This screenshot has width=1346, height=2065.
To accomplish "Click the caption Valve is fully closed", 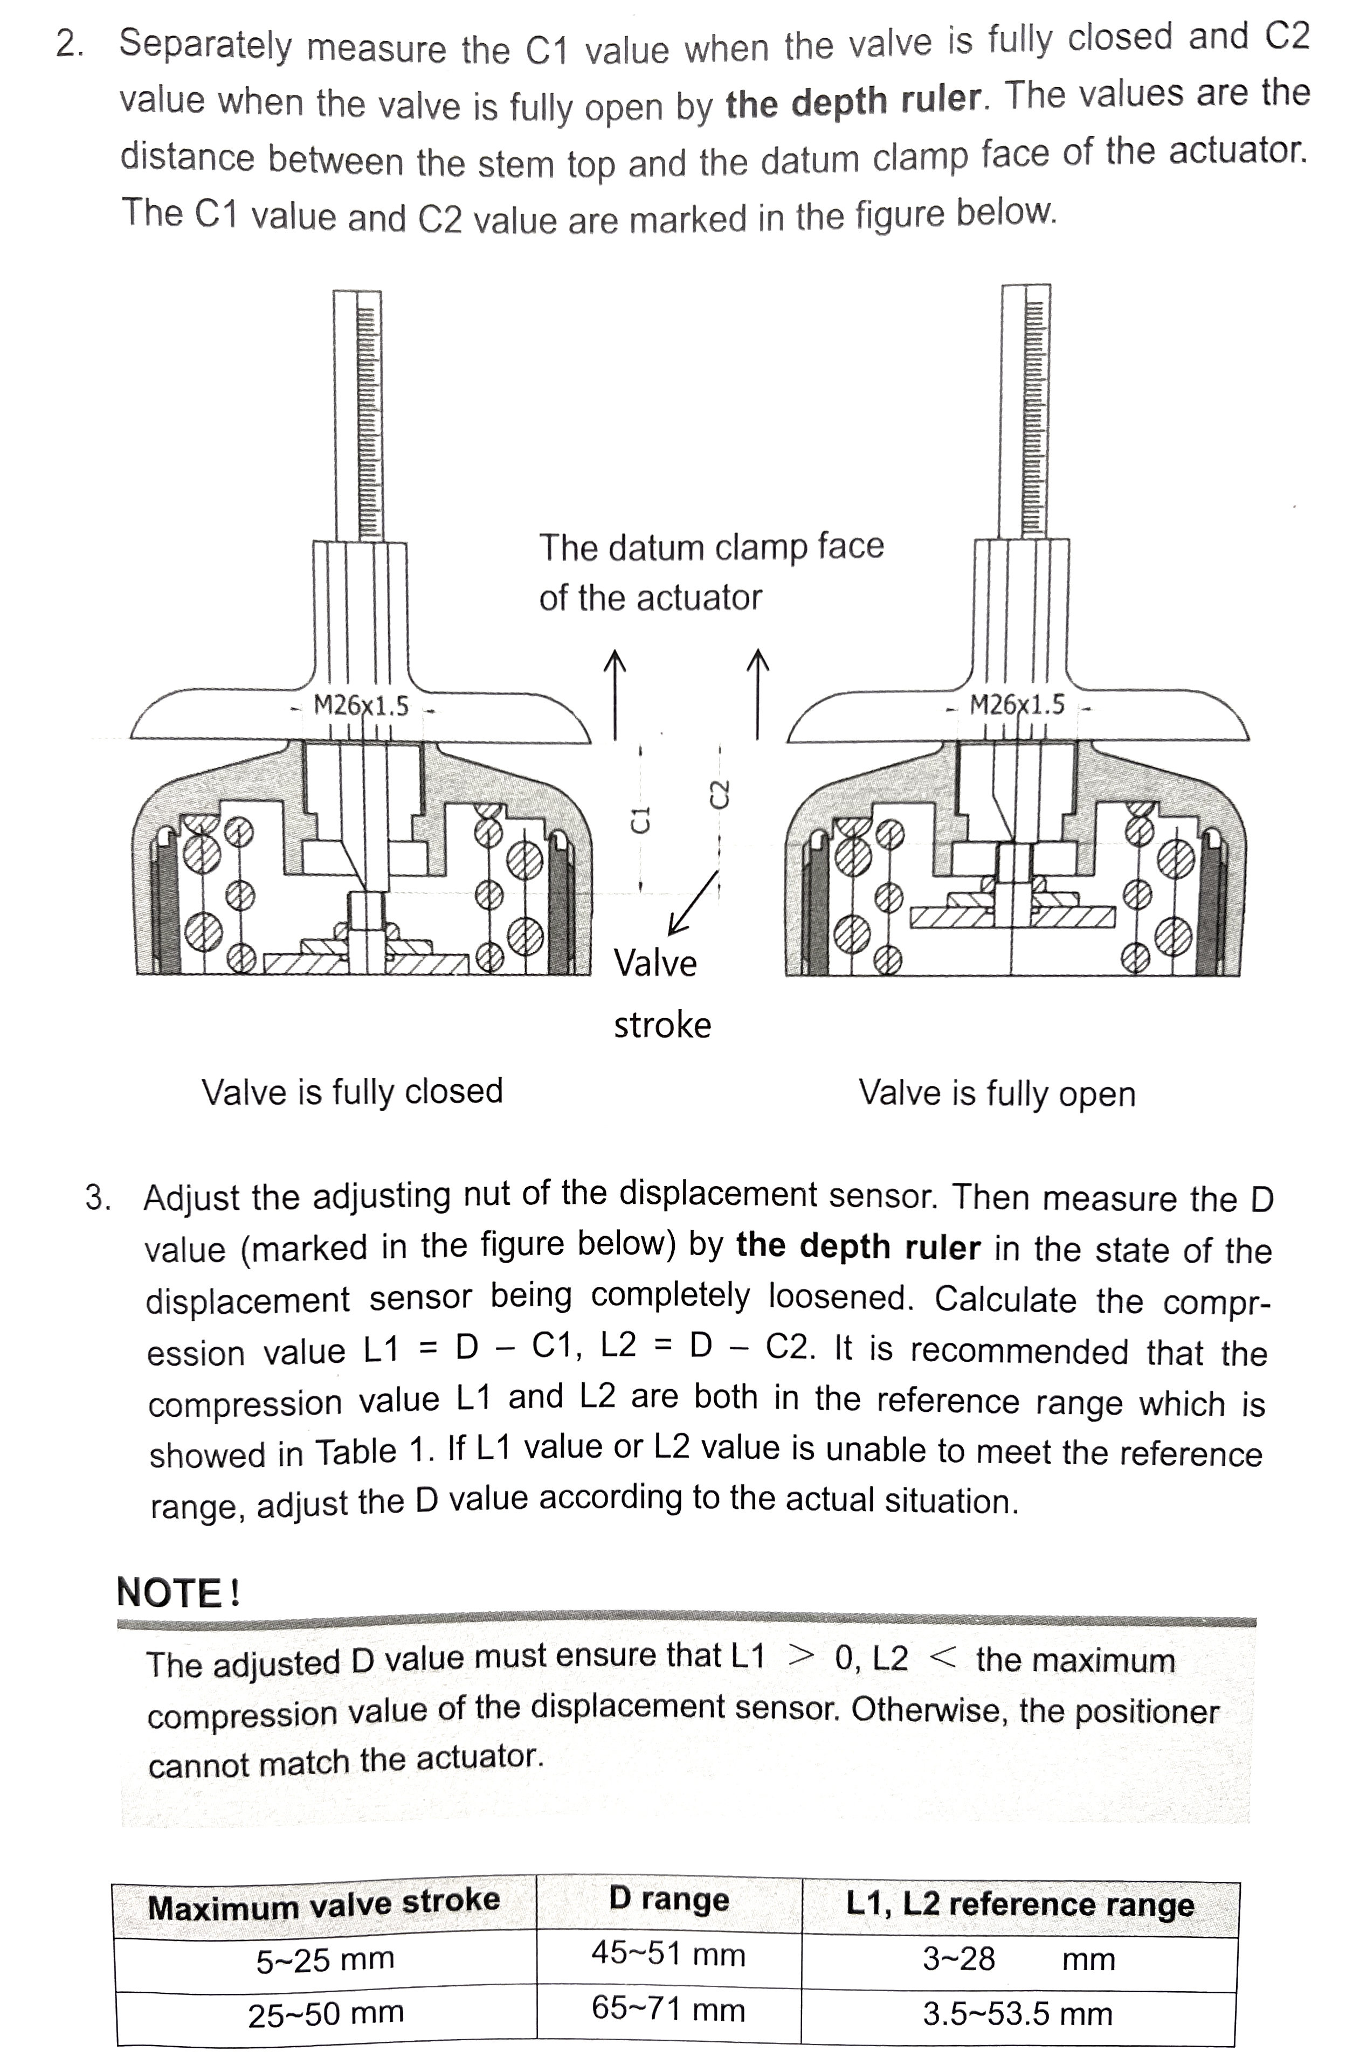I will (x=353, y=1091).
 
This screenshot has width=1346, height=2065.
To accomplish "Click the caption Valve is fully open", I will (x=996, y=1093).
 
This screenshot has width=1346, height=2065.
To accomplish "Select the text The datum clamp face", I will (x=711, y=546).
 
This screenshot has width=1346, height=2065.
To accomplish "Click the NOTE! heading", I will (x=178, y=1593).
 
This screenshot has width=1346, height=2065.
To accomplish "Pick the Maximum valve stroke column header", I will (x=324, y=1906).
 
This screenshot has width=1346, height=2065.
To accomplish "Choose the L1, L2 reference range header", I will (x=1020, y=1904).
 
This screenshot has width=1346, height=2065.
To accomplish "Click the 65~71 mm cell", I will (x=668, y=2009).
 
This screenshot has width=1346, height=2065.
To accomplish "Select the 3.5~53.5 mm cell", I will (x=1017, y=2014).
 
